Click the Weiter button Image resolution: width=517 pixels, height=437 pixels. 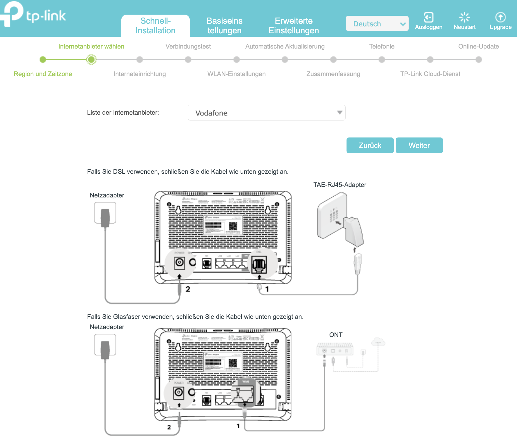click(419, 145)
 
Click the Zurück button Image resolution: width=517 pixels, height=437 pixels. click(370, 145)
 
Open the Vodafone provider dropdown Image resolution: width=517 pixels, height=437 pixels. click(266, 113)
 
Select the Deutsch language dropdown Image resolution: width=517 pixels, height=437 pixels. click(377, 24)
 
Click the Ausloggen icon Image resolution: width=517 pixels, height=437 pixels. click(428, 18)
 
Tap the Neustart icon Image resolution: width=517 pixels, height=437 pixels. click(464, 18)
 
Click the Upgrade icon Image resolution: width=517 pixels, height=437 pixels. click(500, 18)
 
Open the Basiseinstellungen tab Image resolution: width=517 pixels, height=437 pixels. click(224, 26)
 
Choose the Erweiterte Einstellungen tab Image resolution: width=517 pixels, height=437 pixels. click(294, 26)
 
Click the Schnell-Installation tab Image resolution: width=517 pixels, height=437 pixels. click(155, 26)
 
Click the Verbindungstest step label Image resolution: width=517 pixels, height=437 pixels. click(188, 47)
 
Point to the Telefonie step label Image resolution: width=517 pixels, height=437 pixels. click(382, 47)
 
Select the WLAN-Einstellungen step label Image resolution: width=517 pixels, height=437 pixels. click(236, 74)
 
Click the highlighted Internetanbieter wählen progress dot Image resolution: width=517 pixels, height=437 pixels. click(91, 60)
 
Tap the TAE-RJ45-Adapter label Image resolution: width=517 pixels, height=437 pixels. click(340, 185)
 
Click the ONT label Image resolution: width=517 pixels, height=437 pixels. click(336, 335)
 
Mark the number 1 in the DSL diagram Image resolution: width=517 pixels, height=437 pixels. click(267, 289)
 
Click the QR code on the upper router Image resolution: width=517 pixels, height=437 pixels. click(233, 226)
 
